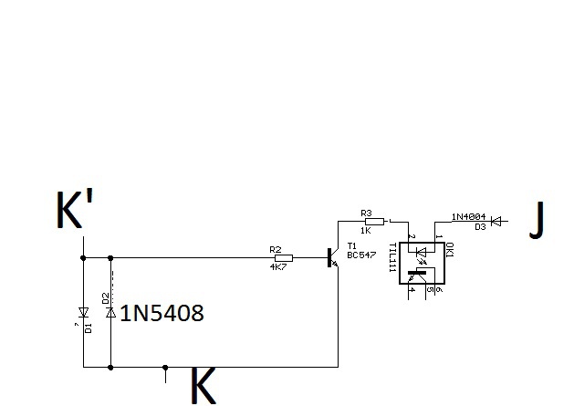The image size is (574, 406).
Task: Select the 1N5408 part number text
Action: pyautogui.click(x=162, y=313)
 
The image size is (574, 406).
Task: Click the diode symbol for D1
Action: pyautogui.click(x=83, y=310)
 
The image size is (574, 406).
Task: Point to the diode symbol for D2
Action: pyautogui.click(x=110, y=313)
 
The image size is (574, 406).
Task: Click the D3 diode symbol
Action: pyautogui.click(x=496, y=220)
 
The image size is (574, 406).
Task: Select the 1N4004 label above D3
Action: pyautogui.click(x=468, y=215)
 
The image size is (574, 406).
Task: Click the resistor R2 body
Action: pyautogui.click(x=283, y=257)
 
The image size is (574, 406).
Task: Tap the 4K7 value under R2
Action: pyautogui.click(x=278, y=267)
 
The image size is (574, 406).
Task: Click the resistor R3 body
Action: pyautogui.click(x=372, y=220)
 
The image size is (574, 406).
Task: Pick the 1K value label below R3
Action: pyautogui.click(x=365, y=230)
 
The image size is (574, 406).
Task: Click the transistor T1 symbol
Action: pyautogui.click(x=332, y=258)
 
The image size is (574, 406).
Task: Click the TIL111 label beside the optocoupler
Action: pyautogui.click(x=392, y=255)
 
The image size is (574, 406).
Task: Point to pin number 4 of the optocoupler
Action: pyautogui.click(x=412, y=289)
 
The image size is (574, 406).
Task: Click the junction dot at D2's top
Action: pyautogui.click(x=110, y=258)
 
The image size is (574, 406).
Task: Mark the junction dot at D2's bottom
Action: pyautogui.click(x=110, y=367)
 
